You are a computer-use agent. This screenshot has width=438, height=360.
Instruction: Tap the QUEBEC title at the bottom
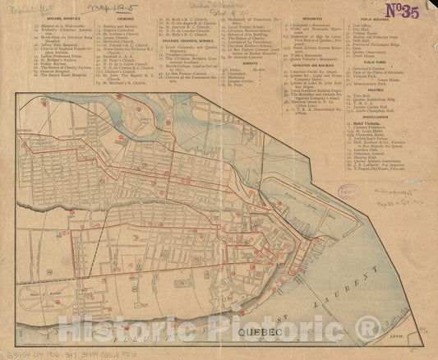click(266, 333)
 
